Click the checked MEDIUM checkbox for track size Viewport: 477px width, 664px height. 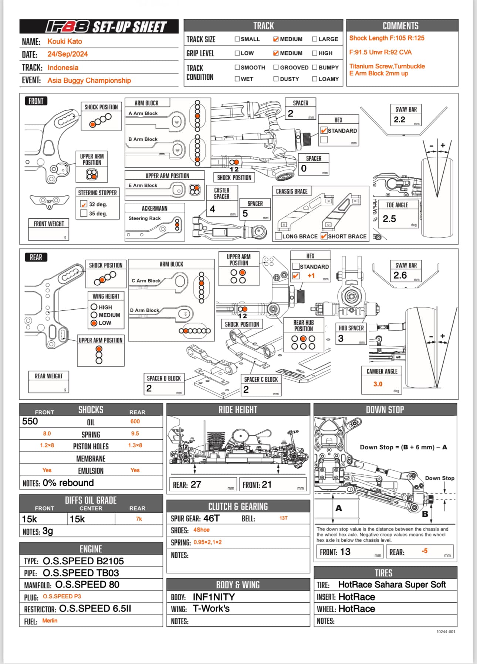point(276,39)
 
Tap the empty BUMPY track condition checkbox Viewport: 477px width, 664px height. point(315,67)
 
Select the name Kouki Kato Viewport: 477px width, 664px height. point(65,41)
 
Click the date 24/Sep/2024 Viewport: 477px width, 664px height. point(68,54)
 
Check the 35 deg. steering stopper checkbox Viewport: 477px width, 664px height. point(84,213)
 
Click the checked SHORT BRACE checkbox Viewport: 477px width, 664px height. point(324,236)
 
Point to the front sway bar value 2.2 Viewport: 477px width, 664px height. point(399,119)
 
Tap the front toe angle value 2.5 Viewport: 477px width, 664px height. point(389,219)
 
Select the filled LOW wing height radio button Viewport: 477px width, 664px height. point(94,323)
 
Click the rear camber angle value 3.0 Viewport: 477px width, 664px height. point(378,384)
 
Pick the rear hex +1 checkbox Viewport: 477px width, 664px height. point(296,276)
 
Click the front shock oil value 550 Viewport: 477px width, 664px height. point(30,421)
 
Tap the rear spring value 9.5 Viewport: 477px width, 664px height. point(135,433)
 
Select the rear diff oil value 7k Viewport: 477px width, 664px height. point(139,519)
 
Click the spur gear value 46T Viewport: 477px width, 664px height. point(211,518)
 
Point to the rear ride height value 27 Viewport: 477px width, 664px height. point(196,484)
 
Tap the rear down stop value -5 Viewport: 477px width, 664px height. point(424,551)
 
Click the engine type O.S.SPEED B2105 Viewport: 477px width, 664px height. point(83,561)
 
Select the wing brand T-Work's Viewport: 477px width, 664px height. point(211,609)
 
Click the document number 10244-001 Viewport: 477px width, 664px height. point(446,631)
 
